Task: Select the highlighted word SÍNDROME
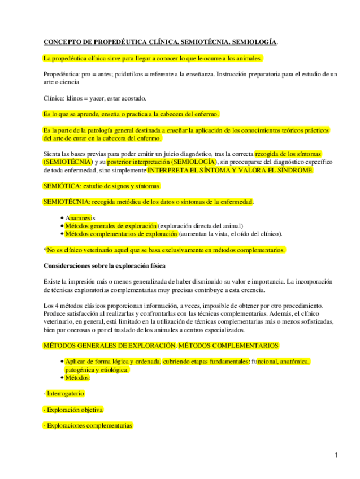[x=294, y=170]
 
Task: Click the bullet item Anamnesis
[x=80, y=217]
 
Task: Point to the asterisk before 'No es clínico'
[x=45, y=250]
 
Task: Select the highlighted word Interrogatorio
[x=66, y=394]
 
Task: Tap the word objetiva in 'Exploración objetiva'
[x=90, y=410]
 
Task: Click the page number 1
[x=336, y=455]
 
